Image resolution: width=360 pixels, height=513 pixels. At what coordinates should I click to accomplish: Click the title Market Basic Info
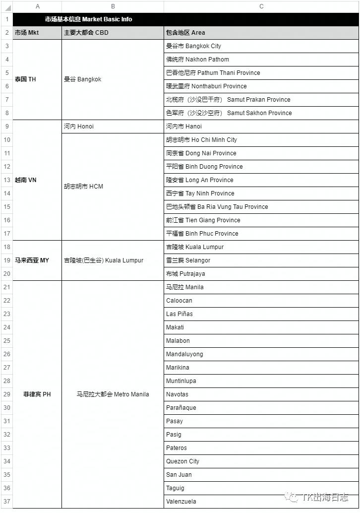pos(88,19)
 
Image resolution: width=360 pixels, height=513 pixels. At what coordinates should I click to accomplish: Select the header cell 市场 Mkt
pos(27,33)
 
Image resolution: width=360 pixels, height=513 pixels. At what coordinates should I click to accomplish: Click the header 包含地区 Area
pos(185,33)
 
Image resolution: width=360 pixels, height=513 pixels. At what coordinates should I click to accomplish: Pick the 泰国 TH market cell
pos(25,79)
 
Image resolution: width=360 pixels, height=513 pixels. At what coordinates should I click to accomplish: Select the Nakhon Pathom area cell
pos(197,60)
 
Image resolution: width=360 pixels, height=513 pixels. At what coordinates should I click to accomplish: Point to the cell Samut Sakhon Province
pos(229,113)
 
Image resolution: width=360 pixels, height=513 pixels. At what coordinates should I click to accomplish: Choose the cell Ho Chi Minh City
pos(201,140)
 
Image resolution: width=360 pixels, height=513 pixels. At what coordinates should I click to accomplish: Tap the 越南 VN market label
pos(25,180)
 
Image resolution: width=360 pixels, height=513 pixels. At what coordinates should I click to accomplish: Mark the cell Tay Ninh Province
pos(200,193)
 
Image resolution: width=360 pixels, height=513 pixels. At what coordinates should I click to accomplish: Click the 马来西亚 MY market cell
pos(32,260)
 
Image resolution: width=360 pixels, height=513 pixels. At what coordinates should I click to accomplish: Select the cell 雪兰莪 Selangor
pos(188,260)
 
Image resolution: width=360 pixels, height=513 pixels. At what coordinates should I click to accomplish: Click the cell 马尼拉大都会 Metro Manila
pos(113,394)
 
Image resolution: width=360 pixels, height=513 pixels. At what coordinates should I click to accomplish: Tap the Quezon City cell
pos(182,461)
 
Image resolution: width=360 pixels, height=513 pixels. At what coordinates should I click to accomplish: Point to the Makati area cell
pos(175,327)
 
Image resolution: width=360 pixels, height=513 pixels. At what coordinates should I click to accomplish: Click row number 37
pos(7,502)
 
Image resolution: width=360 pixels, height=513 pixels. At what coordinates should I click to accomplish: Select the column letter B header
pos(113,6)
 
